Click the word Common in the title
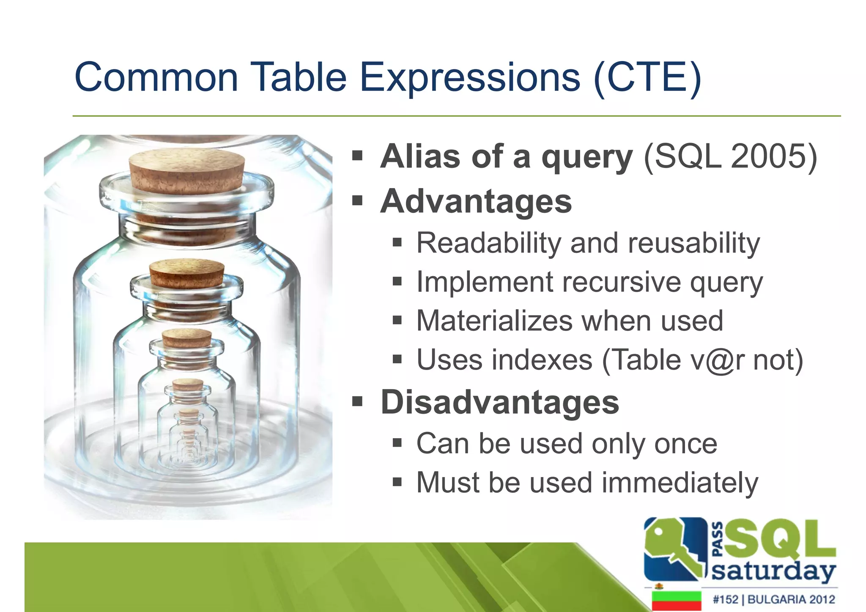coord(156,77)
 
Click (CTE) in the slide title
coord(647,77)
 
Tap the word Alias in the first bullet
coord(419,156)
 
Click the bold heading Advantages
coord(476,201)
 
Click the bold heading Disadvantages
coord(500,402)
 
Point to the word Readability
coord(488,243)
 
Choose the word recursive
coord(621,282)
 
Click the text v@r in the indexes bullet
coord(717,360)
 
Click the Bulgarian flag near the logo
coord(676,600)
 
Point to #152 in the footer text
coord(725,599)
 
